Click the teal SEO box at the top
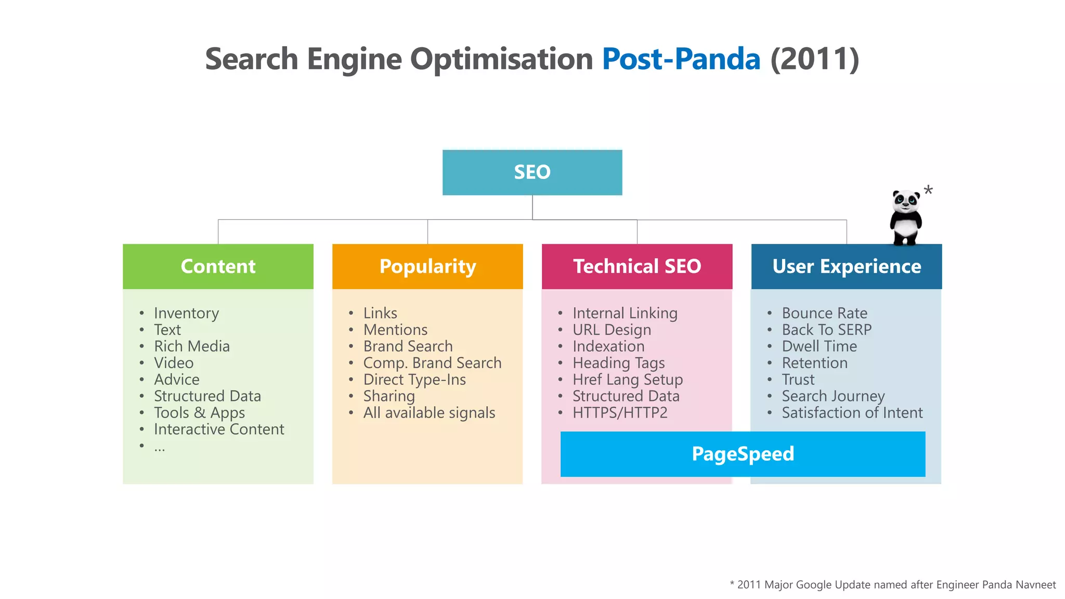pos(532,172)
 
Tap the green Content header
pos(218,266)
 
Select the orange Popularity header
pos(427,266)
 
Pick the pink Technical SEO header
pos(637,266)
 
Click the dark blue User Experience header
pos(847,266)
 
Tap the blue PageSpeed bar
pos(743,454)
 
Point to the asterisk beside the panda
pos(928,191)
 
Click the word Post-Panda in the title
pos(681,59)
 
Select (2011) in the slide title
pos(814,59)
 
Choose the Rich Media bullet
pos(191,346)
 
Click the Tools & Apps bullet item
pos(199,413)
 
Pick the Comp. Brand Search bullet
pos(432,363)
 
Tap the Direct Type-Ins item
pos(414,380)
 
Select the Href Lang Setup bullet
pos(628,380)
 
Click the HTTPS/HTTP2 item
pos(620,413)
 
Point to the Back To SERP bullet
pos(826,330)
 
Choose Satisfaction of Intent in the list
pos(852,413)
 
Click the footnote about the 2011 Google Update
pos(893,585)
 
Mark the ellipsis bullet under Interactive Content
pos(159,447)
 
